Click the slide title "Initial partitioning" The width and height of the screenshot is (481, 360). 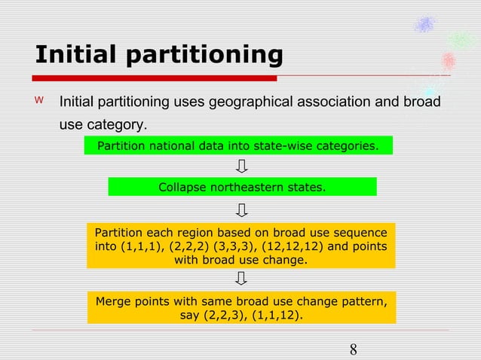point(158,55)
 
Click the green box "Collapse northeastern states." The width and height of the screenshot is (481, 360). point(242,187)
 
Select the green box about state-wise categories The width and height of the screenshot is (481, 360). point(238,145)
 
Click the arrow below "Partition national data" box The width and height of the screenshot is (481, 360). point(242,165)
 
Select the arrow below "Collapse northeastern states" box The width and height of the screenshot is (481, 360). point(242,208)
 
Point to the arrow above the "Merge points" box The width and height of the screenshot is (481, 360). point(241,279)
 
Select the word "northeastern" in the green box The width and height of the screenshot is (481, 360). point(244,187)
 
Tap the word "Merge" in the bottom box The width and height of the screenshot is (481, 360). point(113,301)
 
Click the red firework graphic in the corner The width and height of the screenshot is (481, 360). point(449,60)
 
